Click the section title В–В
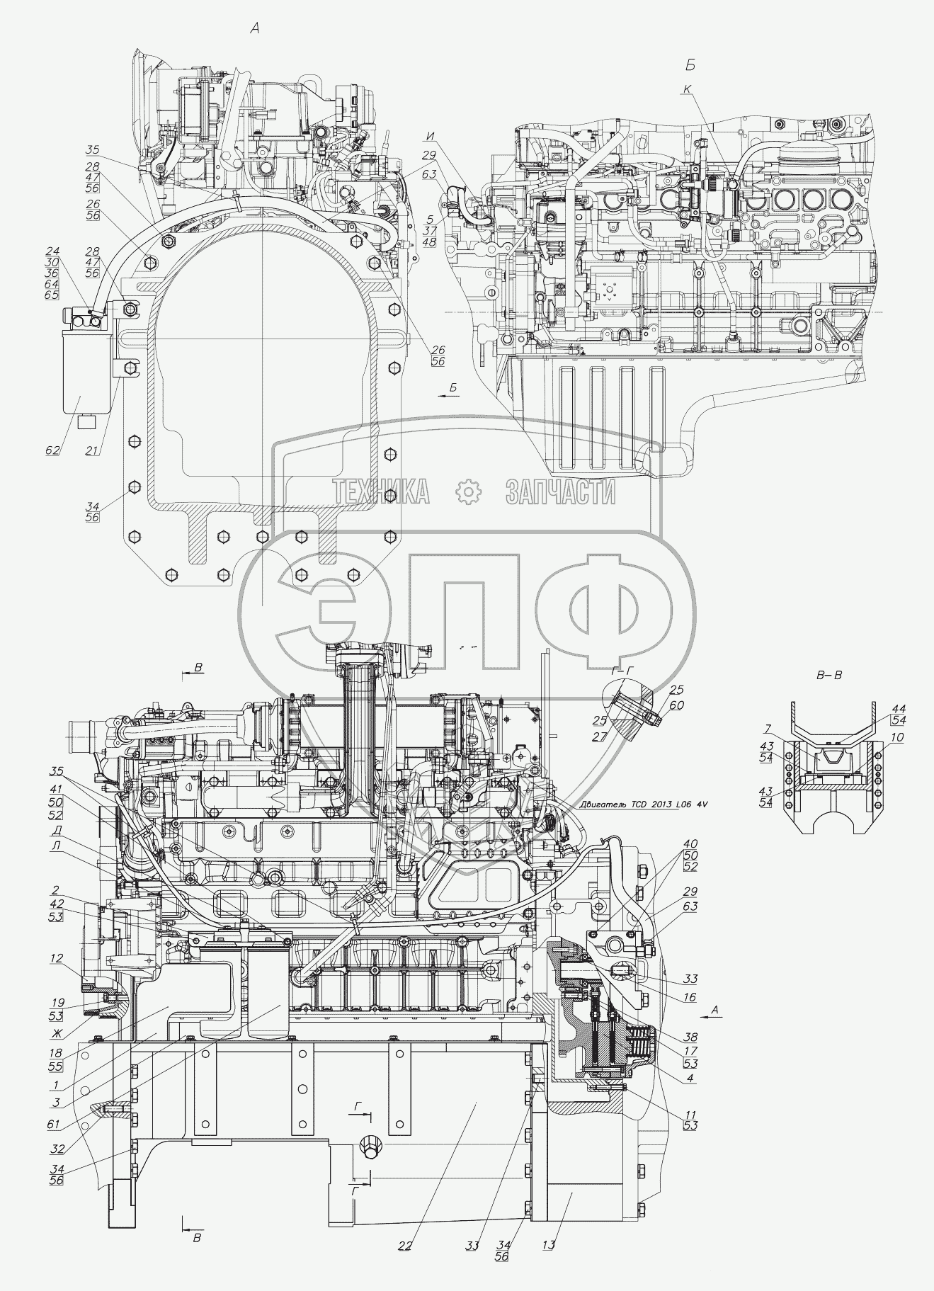pos(829,675)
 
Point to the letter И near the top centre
pos(431,135)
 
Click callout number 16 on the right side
pos(689,997)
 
